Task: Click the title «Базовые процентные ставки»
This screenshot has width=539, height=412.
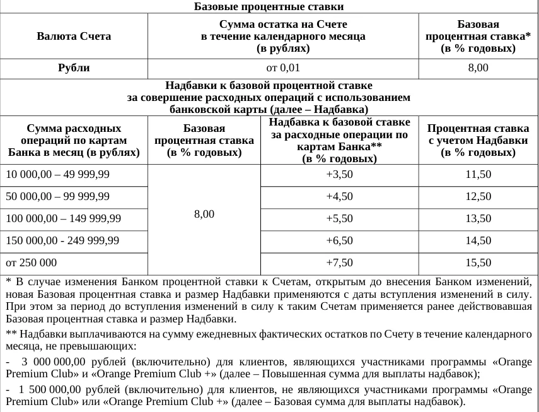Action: pos(269,7)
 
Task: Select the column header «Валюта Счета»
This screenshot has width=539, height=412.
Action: pos(74,36)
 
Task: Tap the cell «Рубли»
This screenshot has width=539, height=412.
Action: pos(74,68)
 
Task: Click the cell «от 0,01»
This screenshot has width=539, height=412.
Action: pos(283,68)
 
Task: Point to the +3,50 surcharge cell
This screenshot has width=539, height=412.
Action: pos(339,175)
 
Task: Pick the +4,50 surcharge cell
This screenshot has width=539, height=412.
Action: pos(339,197)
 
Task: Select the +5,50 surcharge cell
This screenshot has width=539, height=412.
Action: pos(339,219)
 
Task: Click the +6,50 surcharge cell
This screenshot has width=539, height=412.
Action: pos(339,241)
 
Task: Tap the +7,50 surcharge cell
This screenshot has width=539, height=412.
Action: pos(339,263)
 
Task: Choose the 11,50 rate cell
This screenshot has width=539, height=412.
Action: pos(478,175)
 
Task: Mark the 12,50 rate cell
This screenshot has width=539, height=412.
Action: pos(478,197)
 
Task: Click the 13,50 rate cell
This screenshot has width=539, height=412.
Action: pos(478,219)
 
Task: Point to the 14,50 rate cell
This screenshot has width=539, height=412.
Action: pos(478,241)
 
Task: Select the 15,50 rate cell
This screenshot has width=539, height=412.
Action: pos(478,263)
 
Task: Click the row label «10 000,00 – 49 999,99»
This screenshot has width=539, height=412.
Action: pos(57,175)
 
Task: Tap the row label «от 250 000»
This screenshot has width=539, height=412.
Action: pos(31,263)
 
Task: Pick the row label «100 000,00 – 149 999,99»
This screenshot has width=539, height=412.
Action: pos(63,219)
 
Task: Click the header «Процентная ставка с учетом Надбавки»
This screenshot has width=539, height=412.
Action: pos(478,141)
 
